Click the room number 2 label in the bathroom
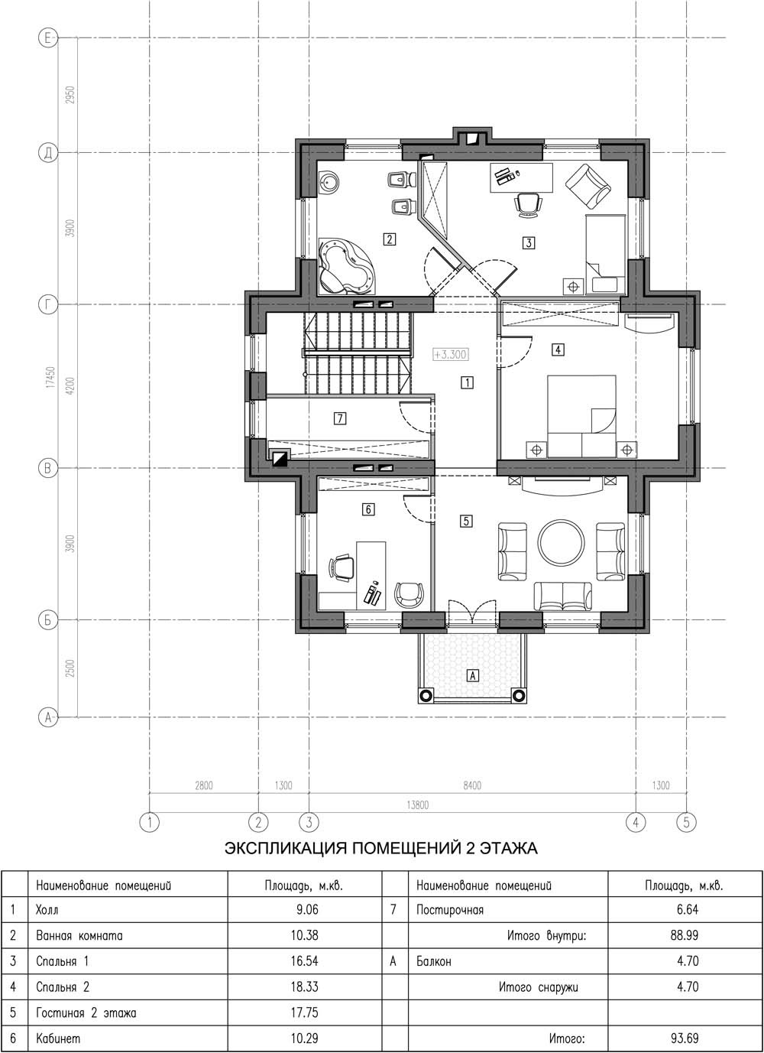[x=390, y=239]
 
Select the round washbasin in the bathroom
[x=329, y=182]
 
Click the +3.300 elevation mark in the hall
[x=451, y=354]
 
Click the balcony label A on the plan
[x=472, y=675]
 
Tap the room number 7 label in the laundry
[x=340, y=418]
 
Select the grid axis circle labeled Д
[x=47, y=153]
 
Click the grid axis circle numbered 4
[x=636, y=822]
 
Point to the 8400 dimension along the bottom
[x=472, y=785]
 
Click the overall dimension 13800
[x=417, y=805]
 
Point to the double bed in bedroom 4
[x=582, y=416]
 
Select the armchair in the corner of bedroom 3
[x=588, y=186]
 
